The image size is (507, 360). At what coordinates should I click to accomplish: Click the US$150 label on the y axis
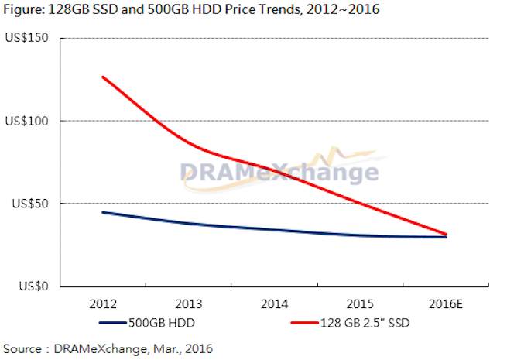(27, 38)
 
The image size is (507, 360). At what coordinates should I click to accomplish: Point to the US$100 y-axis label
(27, 121)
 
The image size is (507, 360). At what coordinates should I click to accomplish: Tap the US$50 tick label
(29, 204)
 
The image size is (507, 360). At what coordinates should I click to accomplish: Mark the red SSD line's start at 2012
(102, 77)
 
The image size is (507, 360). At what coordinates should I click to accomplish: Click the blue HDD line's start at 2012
(102, 212)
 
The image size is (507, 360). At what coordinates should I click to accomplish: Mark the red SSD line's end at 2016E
(447, 234)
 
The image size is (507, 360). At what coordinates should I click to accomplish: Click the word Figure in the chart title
(24, 10)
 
